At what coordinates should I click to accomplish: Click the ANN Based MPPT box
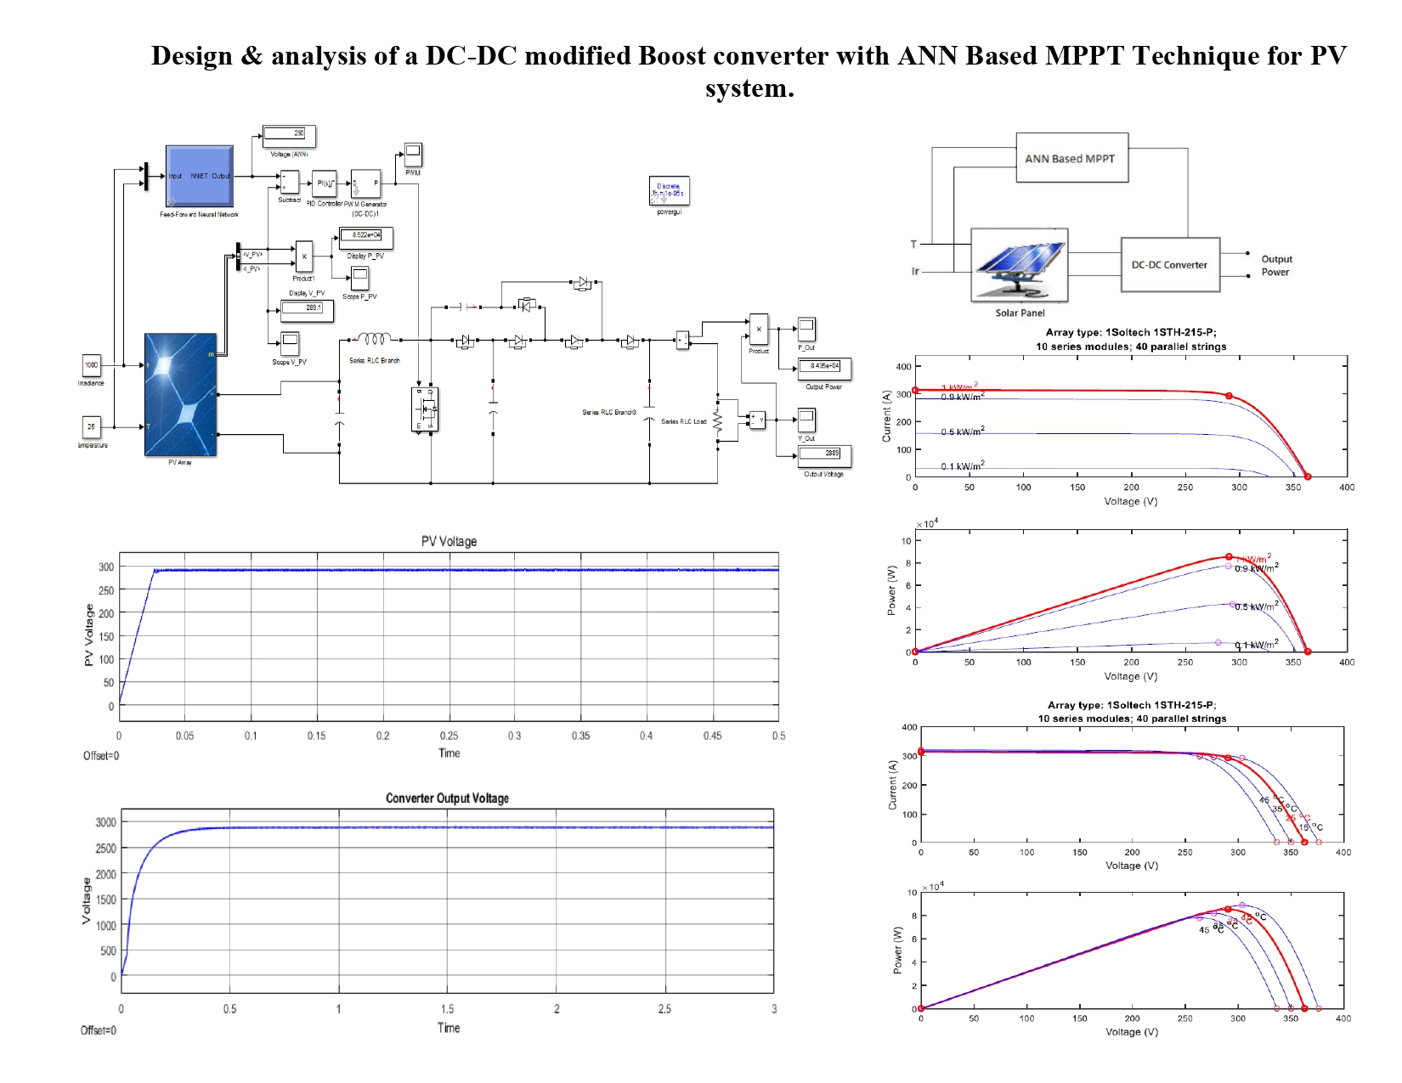tap(1071, 158)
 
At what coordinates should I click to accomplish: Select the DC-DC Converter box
tap(1170, 265)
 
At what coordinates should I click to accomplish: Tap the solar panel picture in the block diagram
tap(1019, 265)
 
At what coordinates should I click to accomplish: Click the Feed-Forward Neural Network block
tap(199, 176)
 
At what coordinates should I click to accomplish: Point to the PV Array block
tap(181, 395)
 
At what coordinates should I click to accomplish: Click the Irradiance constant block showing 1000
tap(91, 365)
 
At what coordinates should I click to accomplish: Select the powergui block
tap(669, 191)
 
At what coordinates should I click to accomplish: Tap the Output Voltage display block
tap(823, 454)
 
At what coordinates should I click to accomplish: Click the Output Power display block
tap(823, 366)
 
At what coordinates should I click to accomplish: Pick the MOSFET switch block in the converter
tap(425, 409)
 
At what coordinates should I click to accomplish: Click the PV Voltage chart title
tap(449, 542)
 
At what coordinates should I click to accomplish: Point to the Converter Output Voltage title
tap(447, 798)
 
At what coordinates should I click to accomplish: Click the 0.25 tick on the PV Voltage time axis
tap(449, 736)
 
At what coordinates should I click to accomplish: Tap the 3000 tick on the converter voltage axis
tap(106, 822)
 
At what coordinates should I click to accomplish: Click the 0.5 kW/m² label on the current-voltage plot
tap(962, 432)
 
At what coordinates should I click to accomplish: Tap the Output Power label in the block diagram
tap(1275, 266)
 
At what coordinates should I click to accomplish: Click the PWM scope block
tap(413, 155)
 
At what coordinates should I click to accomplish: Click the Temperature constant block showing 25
tap(91, 426)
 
